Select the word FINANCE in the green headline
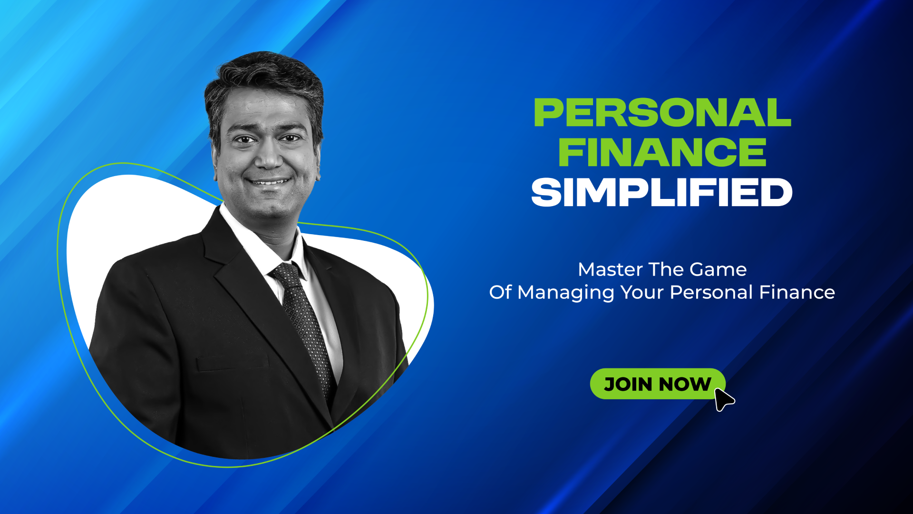pos(662,152)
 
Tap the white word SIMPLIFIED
pos(662,192)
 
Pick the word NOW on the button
pos(685,384)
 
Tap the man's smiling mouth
pos(270,181)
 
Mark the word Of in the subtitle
pos(500,292)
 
